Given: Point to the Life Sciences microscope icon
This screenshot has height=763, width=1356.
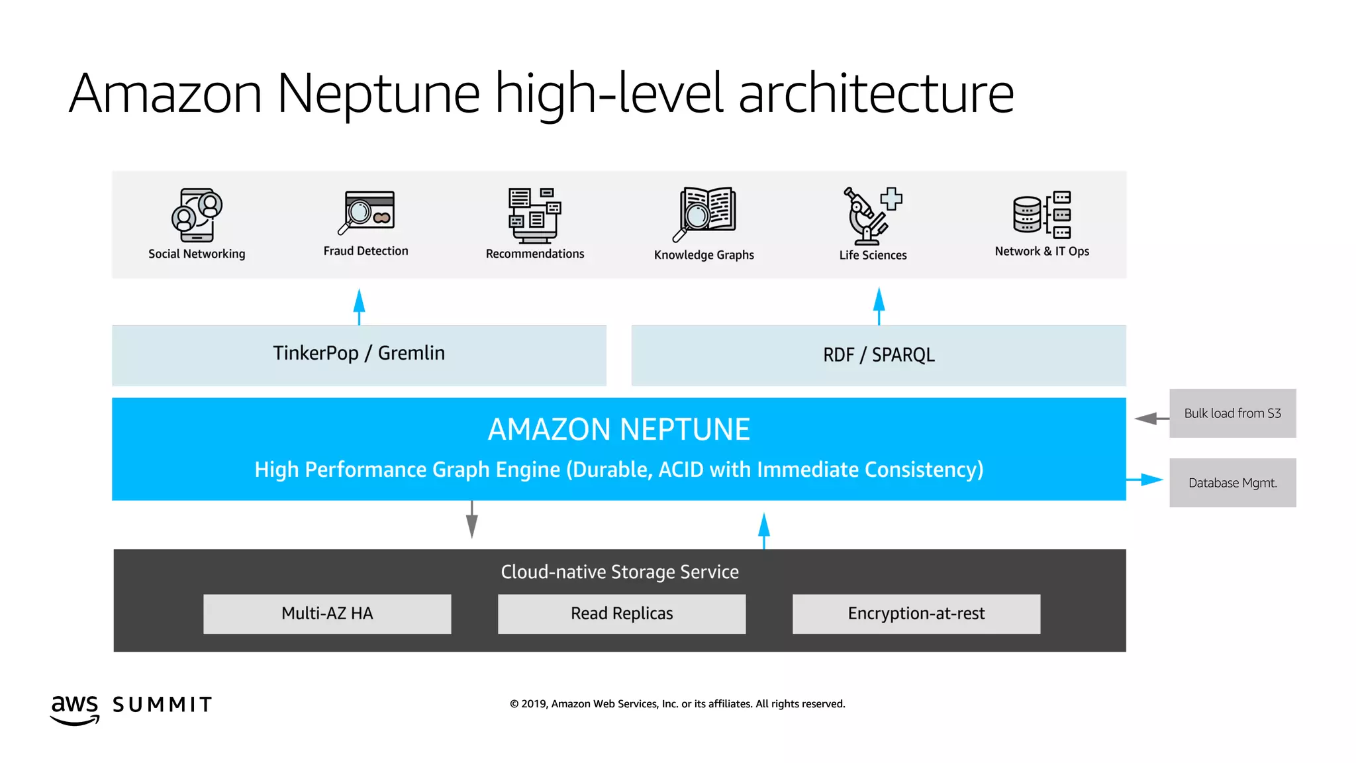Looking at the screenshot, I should coord(872,216).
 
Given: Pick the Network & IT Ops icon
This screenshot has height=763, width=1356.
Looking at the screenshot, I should coord(1041,215).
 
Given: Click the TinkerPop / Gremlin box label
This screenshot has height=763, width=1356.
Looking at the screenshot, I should coord(359,353).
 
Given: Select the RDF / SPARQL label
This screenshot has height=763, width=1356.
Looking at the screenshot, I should coord(879,355).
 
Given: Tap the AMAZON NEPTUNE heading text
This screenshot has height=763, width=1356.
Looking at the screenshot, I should coord(618,429).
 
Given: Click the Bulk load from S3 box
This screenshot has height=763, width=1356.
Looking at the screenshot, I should coord(1232,413).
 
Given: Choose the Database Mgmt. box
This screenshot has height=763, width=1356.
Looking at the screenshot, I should coord(1232,483).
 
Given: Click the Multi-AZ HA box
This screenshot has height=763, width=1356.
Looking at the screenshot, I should coord(327,613).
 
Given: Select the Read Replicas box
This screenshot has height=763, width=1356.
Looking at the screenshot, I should coord(622,613).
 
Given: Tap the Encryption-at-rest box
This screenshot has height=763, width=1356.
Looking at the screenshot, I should coord(916,613).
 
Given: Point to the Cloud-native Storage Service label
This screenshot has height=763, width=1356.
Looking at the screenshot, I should coord(620,572).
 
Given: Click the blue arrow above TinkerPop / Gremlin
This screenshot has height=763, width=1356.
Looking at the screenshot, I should coord(359,305).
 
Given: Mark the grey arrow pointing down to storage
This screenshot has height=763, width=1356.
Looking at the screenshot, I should coord(471,519).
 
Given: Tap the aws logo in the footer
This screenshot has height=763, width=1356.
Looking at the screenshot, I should coord(75,709).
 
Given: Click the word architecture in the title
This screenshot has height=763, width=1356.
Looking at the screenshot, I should coord(875,93).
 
